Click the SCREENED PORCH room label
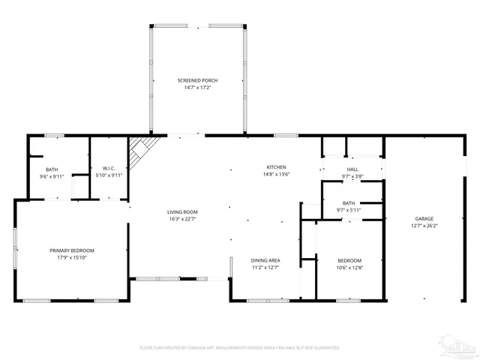click(x=198, y=80)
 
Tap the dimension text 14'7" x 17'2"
click(x=198, y=88)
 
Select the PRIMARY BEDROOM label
click(x=72, y=250)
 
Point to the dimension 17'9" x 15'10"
click(x=72, y=258)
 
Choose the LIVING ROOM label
click(x=182, y=211)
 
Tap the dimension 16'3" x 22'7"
click(x=182, y=219)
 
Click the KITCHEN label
click(x=277, y=166)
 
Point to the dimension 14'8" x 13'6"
click(x=277, y=174)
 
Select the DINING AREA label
click(x=265, y=259)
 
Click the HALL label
click(x=352, y=169)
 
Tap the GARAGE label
click(x=424, y=218)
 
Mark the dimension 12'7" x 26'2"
click(x=424, y=226)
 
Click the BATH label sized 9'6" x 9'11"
click(x=52, y=169)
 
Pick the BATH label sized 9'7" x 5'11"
click(x=349, y=202)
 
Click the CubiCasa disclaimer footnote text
click(x=240, y=348)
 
